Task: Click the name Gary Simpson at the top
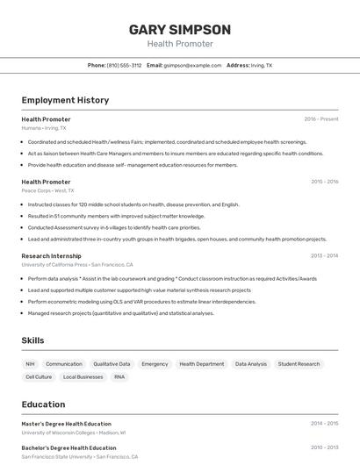tap(180, 29)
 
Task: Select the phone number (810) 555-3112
tap(124, 65)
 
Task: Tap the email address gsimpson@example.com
tap(191, 65)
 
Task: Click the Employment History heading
tap(65, 100)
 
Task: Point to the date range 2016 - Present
tap(321, 118)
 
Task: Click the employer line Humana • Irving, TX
tap(44, 128)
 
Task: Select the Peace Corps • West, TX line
tap(47, 190)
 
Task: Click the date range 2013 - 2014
tap(324, 255)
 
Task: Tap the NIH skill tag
tap(30, 363)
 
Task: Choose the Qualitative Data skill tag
tap(112, 363)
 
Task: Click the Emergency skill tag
tap(155, 363)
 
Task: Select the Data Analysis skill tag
tap(251, 363)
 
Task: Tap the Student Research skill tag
tap(299, 363)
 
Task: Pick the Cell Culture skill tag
tap(39, 376)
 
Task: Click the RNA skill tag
tap(119, 376)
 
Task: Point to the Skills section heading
tap(33, 340)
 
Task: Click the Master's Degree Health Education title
tap(67, 423)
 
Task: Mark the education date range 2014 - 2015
tap(324, 423)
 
